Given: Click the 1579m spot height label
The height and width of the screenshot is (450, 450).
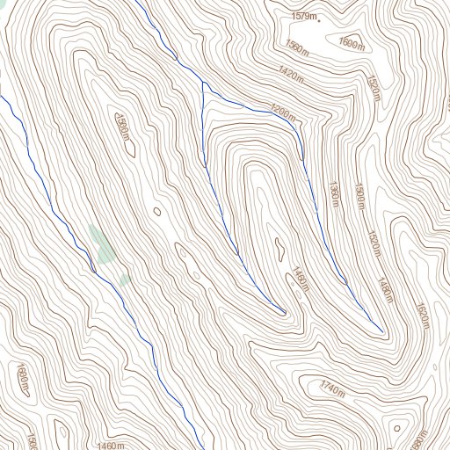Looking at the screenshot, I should point(303,16).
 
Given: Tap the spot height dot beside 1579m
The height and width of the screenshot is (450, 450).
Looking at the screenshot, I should point(319,18).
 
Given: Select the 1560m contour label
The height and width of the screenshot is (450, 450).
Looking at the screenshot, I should point(297,46).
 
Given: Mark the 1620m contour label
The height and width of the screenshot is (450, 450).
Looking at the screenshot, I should point(423,316).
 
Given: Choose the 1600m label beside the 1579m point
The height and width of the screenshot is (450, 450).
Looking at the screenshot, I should point(352,43).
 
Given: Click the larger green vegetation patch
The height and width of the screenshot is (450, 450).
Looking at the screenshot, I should point(101,243).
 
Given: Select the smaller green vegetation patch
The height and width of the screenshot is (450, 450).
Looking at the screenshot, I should point(126,279).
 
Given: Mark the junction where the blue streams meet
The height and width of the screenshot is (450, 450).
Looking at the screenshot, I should point(202,83).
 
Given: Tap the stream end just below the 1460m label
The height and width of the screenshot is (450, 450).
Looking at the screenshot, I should point(283,312).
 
